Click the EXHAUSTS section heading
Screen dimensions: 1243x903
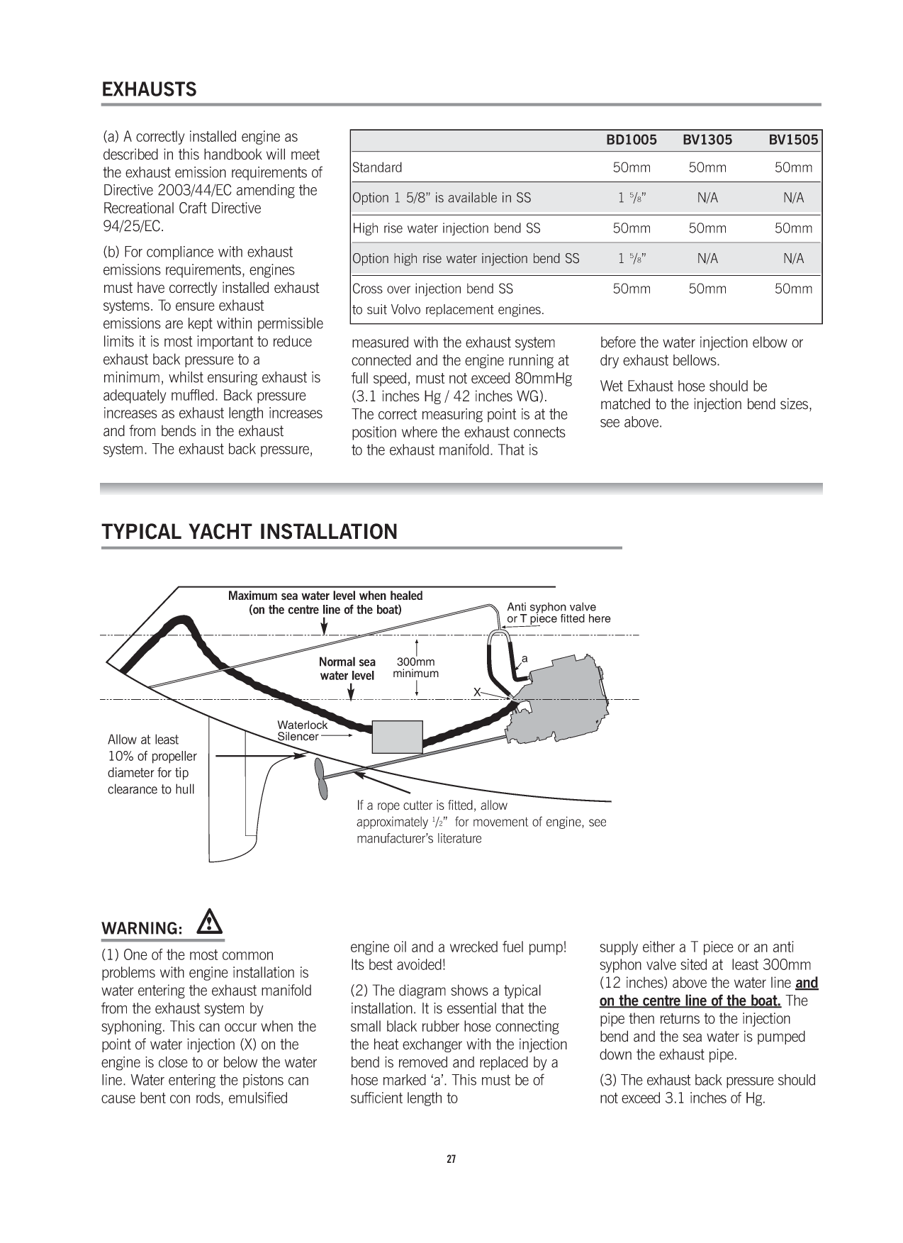150,90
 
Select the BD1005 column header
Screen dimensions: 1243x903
631,140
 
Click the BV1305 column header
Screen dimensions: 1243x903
707,140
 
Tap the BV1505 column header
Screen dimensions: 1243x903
793,140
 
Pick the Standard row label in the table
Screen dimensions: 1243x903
377,168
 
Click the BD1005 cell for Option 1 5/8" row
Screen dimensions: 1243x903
631,199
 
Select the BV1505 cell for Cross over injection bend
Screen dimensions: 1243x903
793,289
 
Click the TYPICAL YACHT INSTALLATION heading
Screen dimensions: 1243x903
249,533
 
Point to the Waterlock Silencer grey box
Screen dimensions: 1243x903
397,737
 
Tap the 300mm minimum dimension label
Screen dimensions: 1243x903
416,668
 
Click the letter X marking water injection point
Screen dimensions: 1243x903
478,691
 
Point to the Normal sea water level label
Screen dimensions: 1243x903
347,669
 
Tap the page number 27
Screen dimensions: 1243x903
451,1160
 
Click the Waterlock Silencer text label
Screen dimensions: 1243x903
302,731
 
